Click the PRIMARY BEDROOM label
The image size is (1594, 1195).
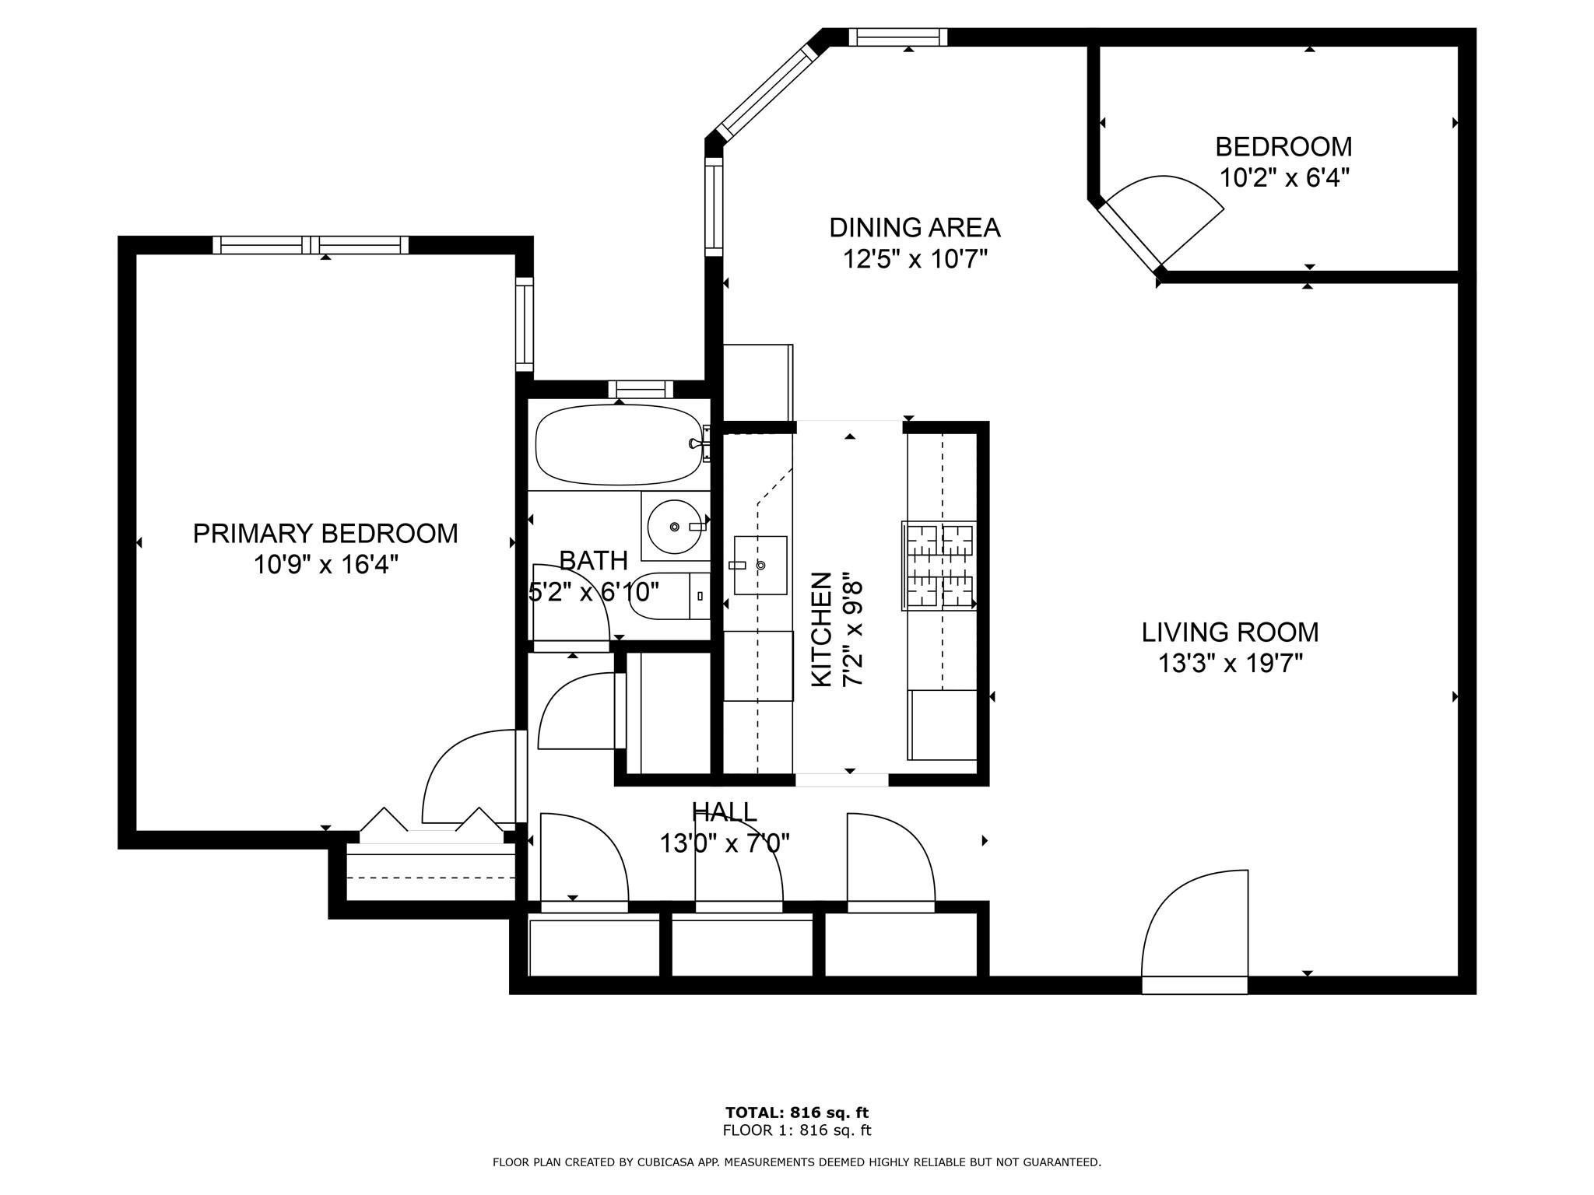(325, 534)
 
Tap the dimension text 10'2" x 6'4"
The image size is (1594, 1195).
(1283, 178)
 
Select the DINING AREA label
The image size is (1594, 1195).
(915, 228)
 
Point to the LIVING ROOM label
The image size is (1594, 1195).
(1230, 633)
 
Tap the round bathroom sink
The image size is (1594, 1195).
(674, 526)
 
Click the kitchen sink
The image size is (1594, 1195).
(760, 565)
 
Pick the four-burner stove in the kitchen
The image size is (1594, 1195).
(939, 566)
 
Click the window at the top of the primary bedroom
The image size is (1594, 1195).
(311, 245)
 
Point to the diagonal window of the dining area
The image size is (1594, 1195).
(766, 93)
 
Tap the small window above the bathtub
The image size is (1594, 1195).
(641, 389)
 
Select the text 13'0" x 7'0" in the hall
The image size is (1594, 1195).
(725, 843)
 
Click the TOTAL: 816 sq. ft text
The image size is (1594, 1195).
(797, 1113)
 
